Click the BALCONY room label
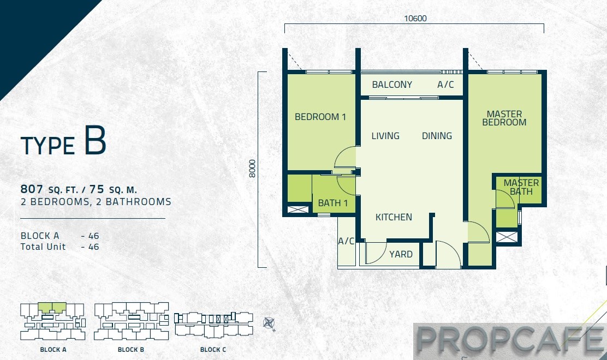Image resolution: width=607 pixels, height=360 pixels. click(x=392, y=85)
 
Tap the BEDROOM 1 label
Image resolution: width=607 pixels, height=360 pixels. click(x=320, y=117)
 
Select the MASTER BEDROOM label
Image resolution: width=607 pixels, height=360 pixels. click(x=504, y=118)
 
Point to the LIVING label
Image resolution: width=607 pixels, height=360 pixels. click(x=385, y=136)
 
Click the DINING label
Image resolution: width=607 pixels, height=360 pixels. click(x=437, y=136)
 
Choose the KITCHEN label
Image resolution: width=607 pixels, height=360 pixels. click(x=394, y=217)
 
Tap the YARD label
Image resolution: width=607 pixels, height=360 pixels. click(x=401, y=254)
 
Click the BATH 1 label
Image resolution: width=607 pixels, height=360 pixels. click(x=332, y=203)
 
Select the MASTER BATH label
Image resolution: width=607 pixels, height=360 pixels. click(x=521, y=187)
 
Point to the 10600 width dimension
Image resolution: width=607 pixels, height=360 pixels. click(x=415, y=18)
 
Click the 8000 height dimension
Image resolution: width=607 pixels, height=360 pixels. click(x=252, y=169)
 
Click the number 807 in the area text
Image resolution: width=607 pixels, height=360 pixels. click(x=32, y=189)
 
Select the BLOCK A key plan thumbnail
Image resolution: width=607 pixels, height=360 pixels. click(x=52, y=321)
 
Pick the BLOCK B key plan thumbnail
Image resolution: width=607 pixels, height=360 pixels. click(x=131, y=321)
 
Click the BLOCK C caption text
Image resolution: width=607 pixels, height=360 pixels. click(x=213, y=350)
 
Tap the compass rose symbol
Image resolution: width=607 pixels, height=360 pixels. click(x=269, y=323)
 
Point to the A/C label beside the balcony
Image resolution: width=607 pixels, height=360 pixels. click(x=445, y=85)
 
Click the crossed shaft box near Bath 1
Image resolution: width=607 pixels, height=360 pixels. click(x=298, y=210)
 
